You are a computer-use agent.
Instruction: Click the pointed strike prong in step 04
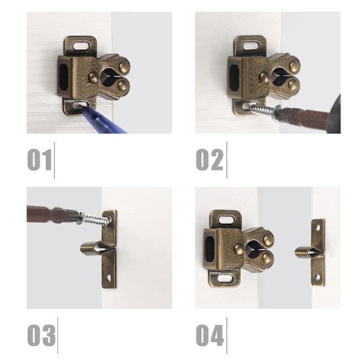[x=304, y=253]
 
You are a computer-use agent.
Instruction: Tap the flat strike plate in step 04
[x=318, y=253]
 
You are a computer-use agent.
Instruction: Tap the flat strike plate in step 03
[x=109, y=248]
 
